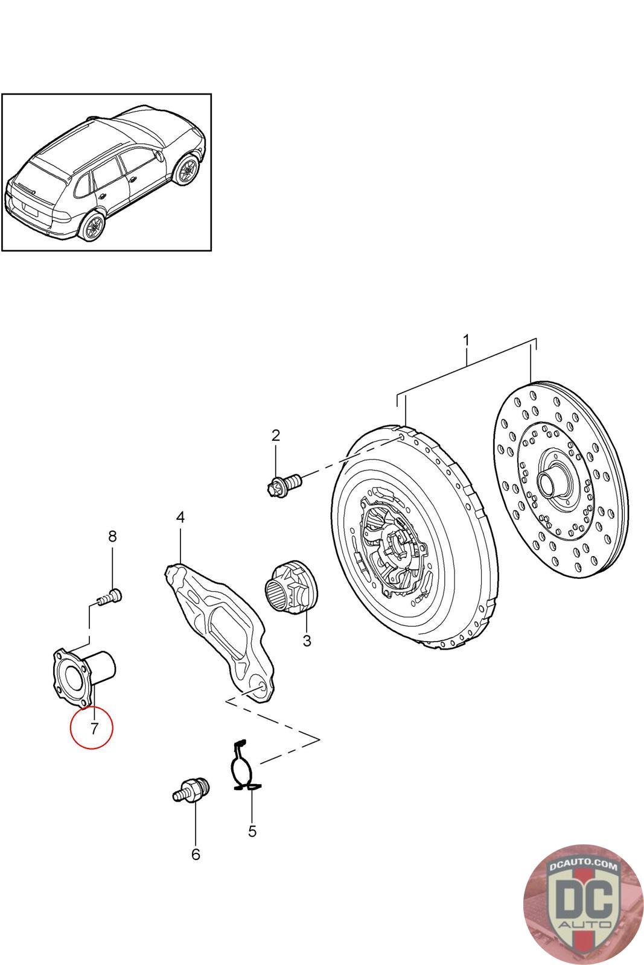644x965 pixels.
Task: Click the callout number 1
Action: tap(466, 340)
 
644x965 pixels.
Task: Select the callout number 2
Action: tap(276, 435)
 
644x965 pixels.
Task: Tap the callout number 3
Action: tap(307, 641)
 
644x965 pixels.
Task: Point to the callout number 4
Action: tap(180, 517)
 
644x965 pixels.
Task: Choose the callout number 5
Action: tap(252, 831)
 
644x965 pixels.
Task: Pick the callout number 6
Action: tap(195, 854)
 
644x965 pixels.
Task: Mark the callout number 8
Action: tap(112, 536)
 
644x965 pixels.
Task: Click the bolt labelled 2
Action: tap(284, 483)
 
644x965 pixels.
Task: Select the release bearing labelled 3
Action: tap(292, 587)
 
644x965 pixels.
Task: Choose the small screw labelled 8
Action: tap(110, 598)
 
